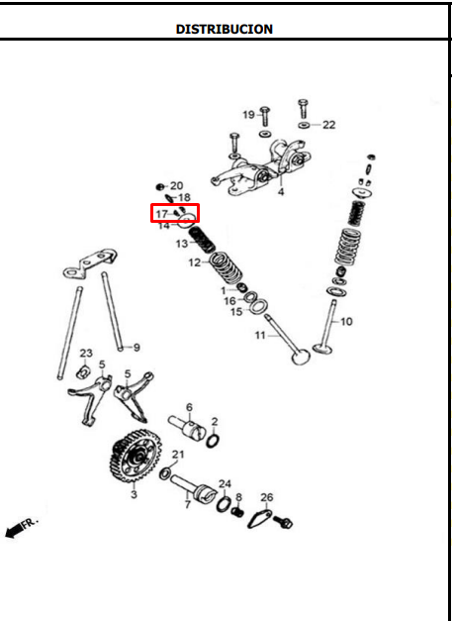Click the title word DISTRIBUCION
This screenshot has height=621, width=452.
click(x=225, y=29)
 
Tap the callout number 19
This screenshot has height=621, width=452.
click(x=248, y=115)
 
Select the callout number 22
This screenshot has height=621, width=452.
click(x=328, y=125)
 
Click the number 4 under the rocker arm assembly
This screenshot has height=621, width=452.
click(x=281, y=192)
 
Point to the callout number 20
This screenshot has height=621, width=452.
click(x=176, y=186)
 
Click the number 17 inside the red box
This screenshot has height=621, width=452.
click(x=162, y=214)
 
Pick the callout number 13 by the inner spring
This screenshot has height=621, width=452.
click(x=182, y=244)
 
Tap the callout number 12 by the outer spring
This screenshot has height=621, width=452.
click(x=195, y=262)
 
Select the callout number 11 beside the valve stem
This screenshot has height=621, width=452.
click(x=260, y=336)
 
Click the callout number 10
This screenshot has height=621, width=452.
click(x=346, y=322)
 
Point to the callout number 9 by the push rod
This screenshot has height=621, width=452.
click(x=136, y=348)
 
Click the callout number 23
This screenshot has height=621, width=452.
click(x=86, y=353)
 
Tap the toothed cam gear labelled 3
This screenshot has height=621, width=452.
click(x=136, y=456)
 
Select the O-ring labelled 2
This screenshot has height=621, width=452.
click(x=213, y=441)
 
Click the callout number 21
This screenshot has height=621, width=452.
click(x=178, y=455)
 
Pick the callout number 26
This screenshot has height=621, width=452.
click(x=266, y=497)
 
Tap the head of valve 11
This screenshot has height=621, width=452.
click(x=301, y=356)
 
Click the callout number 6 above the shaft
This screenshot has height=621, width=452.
click(x=189, y=407)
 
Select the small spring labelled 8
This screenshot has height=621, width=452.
click(x=238, y=512)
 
